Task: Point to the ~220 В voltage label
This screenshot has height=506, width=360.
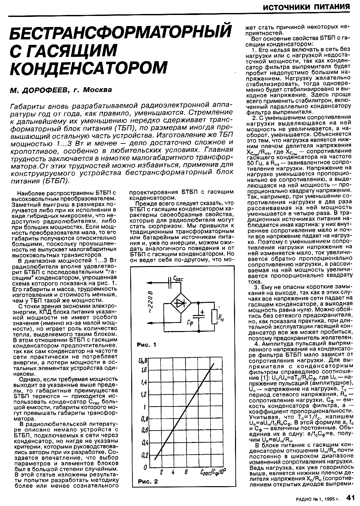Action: point(150,302)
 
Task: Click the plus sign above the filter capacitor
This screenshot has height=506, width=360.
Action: point(202,312)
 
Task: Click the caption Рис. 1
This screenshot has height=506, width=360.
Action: point(146,345)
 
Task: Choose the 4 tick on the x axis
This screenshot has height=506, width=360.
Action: point(173,473)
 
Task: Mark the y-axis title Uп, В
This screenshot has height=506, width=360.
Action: point(144,360)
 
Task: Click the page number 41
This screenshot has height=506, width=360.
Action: point(351,498)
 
